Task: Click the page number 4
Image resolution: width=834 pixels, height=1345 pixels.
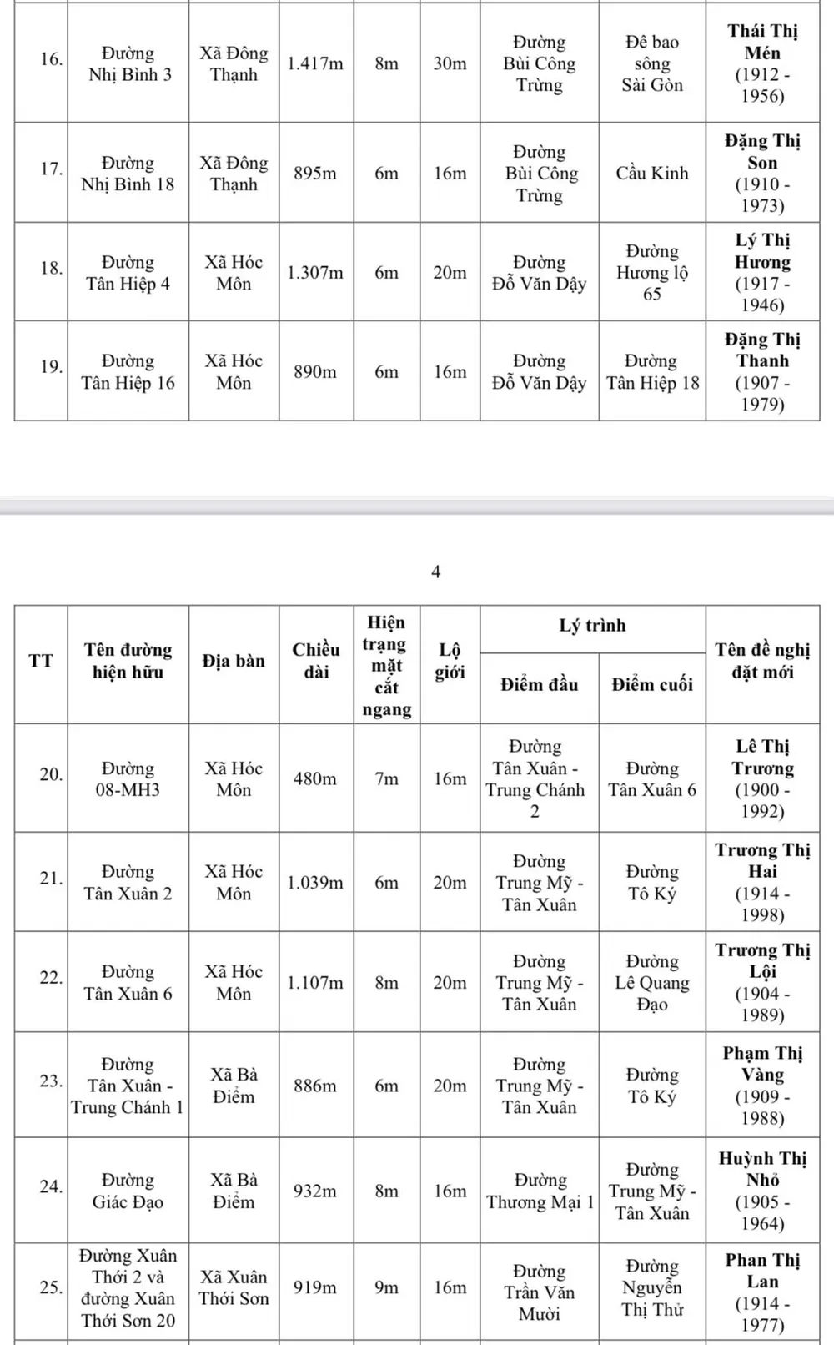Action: coord(435,572)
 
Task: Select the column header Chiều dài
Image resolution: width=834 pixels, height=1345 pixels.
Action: coord(316,661)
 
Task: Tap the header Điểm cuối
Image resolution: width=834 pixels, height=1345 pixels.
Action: coord(652,684)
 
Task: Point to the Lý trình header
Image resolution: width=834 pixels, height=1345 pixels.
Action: coord(592,626)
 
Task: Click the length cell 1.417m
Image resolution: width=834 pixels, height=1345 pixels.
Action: coord(315,63)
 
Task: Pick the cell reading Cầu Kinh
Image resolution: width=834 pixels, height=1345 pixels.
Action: coord(652,174)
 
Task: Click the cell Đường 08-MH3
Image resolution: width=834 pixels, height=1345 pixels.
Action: coord(128,778)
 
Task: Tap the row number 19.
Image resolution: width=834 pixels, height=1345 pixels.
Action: coord(52,366)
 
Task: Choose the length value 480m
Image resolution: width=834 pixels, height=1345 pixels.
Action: coord(315,778)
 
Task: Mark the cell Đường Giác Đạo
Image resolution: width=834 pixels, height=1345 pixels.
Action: coord(128,1191)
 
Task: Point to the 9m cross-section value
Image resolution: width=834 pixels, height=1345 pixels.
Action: coord(386,1287)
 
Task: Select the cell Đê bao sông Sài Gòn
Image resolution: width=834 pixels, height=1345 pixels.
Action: coord(652,63)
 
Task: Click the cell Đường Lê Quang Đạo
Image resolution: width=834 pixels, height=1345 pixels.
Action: coord(652,983)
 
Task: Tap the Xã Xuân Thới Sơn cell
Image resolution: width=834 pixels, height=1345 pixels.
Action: coord(234,1287)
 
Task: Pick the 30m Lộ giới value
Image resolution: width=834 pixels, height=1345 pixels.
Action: coord(450,63)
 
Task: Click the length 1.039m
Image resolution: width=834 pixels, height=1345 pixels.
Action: coord(315,883)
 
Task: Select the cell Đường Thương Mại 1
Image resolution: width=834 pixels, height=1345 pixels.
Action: coord(540,1191)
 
